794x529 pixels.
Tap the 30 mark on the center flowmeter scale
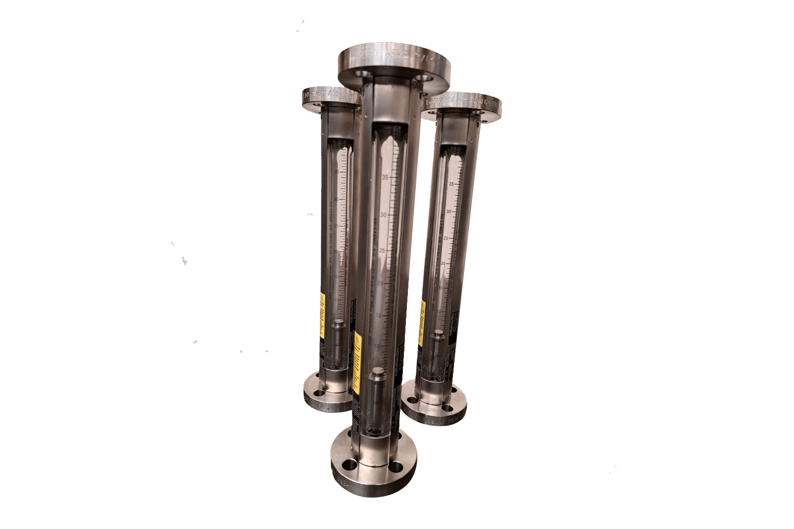383,215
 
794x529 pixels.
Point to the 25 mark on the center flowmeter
382,251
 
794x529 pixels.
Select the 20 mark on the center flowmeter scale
381,284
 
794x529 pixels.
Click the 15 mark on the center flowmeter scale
380,315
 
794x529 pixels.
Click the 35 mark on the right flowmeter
451,184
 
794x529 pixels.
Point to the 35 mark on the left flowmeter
337,172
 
